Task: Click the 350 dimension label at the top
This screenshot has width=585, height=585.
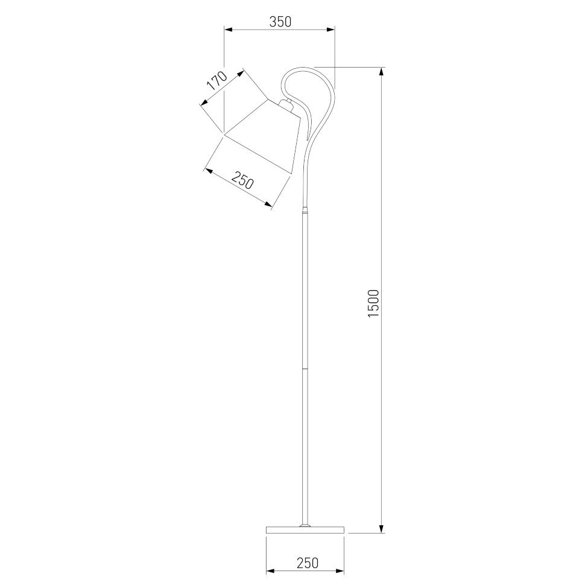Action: pyautogui.click(x=280, y=22)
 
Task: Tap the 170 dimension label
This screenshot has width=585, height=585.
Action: pyautogui.click(x=217, y=81)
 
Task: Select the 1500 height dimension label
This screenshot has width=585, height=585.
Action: pyautogui.click(x=373, y=303)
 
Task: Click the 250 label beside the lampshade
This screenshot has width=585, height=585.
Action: pyautogui.click(x=242, y=180)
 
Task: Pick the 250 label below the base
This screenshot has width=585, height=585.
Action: pyautogui.click(x=308, y=563)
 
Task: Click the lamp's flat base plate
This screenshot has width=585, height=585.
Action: pyautogui.click(x=305, y=530)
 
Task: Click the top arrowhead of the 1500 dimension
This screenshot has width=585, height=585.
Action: pyautogui.click(x=381, y=73)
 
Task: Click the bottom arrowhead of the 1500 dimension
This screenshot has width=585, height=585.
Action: pyautogui.click(x=381, y=528)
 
